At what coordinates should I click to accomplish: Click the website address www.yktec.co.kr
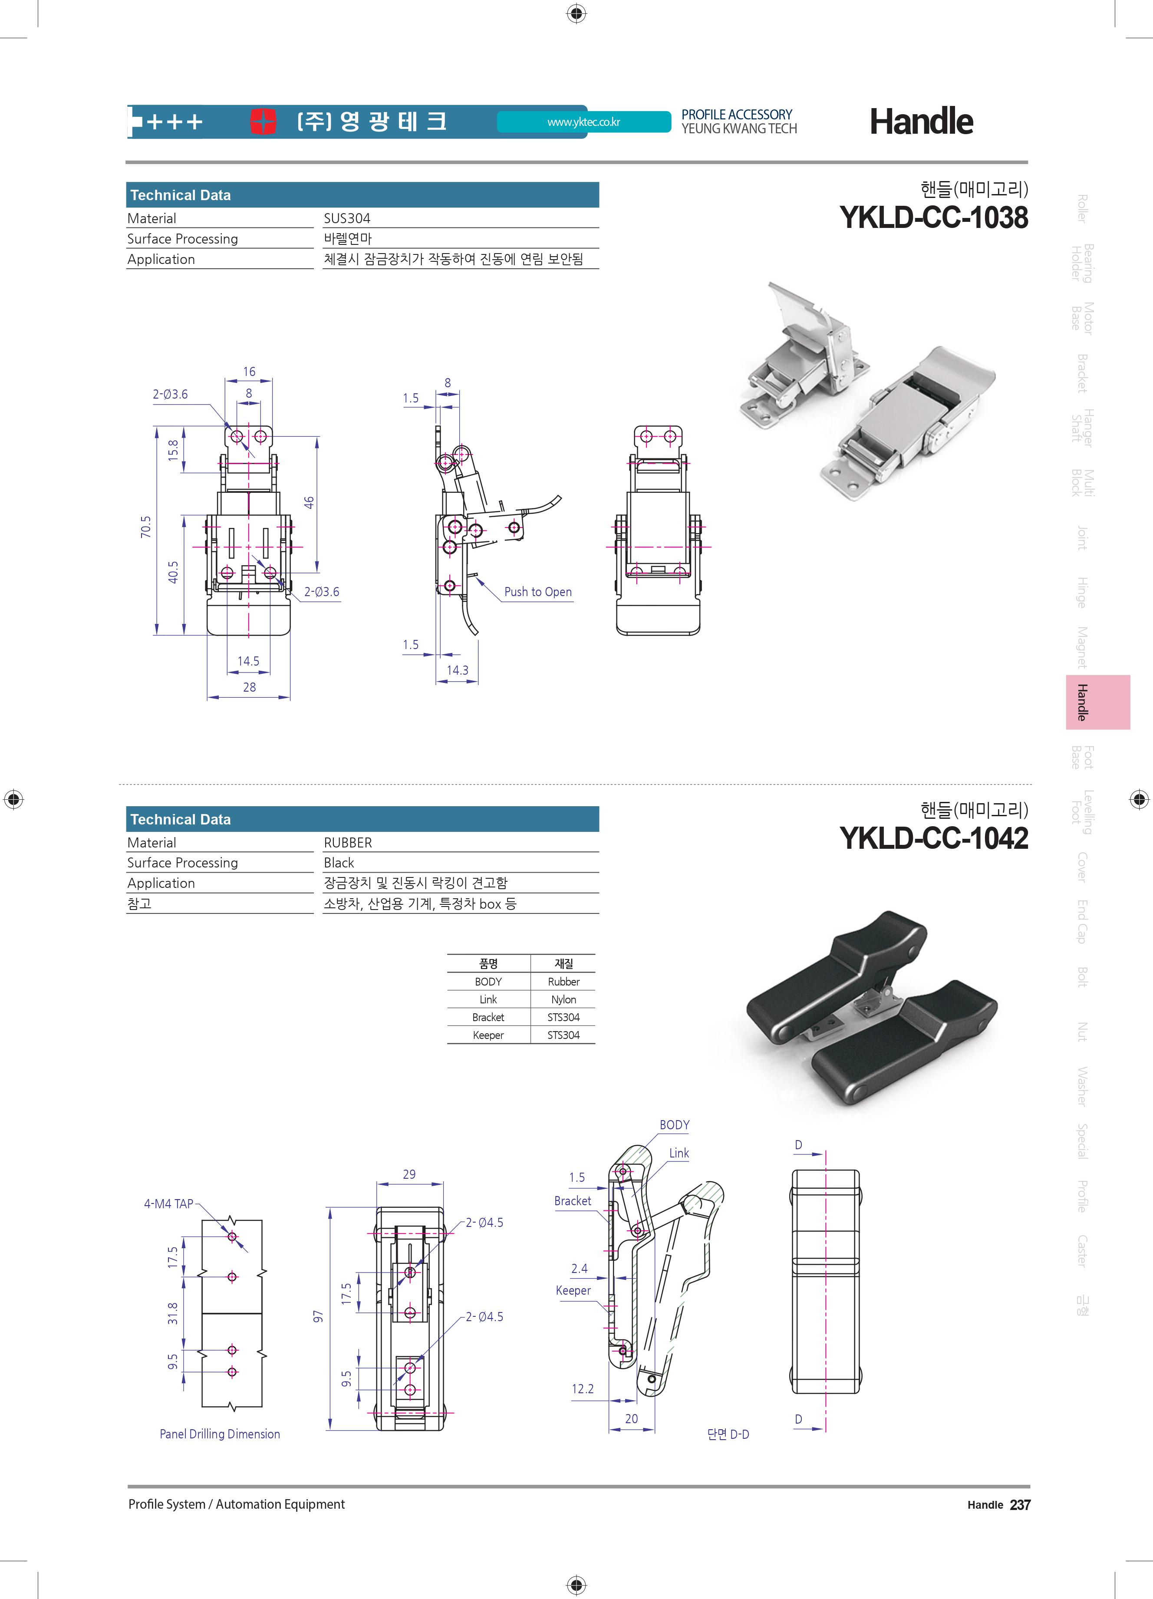click(x=583, y=122)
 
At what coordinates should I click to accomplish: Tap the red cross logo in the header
click(x=263, y=121)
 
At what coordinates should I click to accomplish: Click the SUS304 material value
click(x=347, y=218)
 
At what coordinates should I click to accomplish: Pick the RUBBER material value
click(x=347, y=843)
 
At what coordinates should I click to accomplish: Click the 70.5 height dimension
click(x=146, y=527)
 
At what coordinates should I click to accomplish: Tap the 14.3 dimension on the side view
click(x=458, y=670)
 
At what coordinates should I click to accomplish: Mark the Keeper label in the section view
click(x=573, y=1290)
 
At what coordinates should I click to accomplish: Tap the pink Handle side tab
click(x=1097, y=702)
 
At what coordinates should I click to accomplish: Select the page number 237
click(x=1020, y=1504)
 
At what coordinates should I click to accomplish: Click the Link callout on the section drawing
click(x=679, y=1153)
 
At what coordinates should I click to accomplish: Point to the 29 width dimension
click(x=409, y=1174)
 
